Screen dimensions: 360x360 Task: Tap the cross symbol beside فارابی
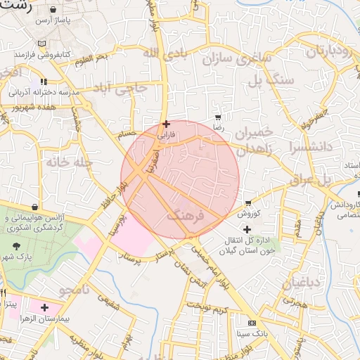[x=166, y=124]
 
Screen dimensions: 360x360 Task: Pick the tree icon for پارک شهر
[x=17, y=246]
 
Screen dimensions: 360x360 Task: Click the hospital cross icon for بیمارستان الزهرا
[x=45, y=308]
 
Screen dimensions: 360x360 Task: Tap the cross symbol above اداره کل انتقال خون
[x=247, y=229]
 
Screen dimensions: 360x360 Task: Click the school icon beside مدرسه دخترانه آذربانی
[x=44, y=82]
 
